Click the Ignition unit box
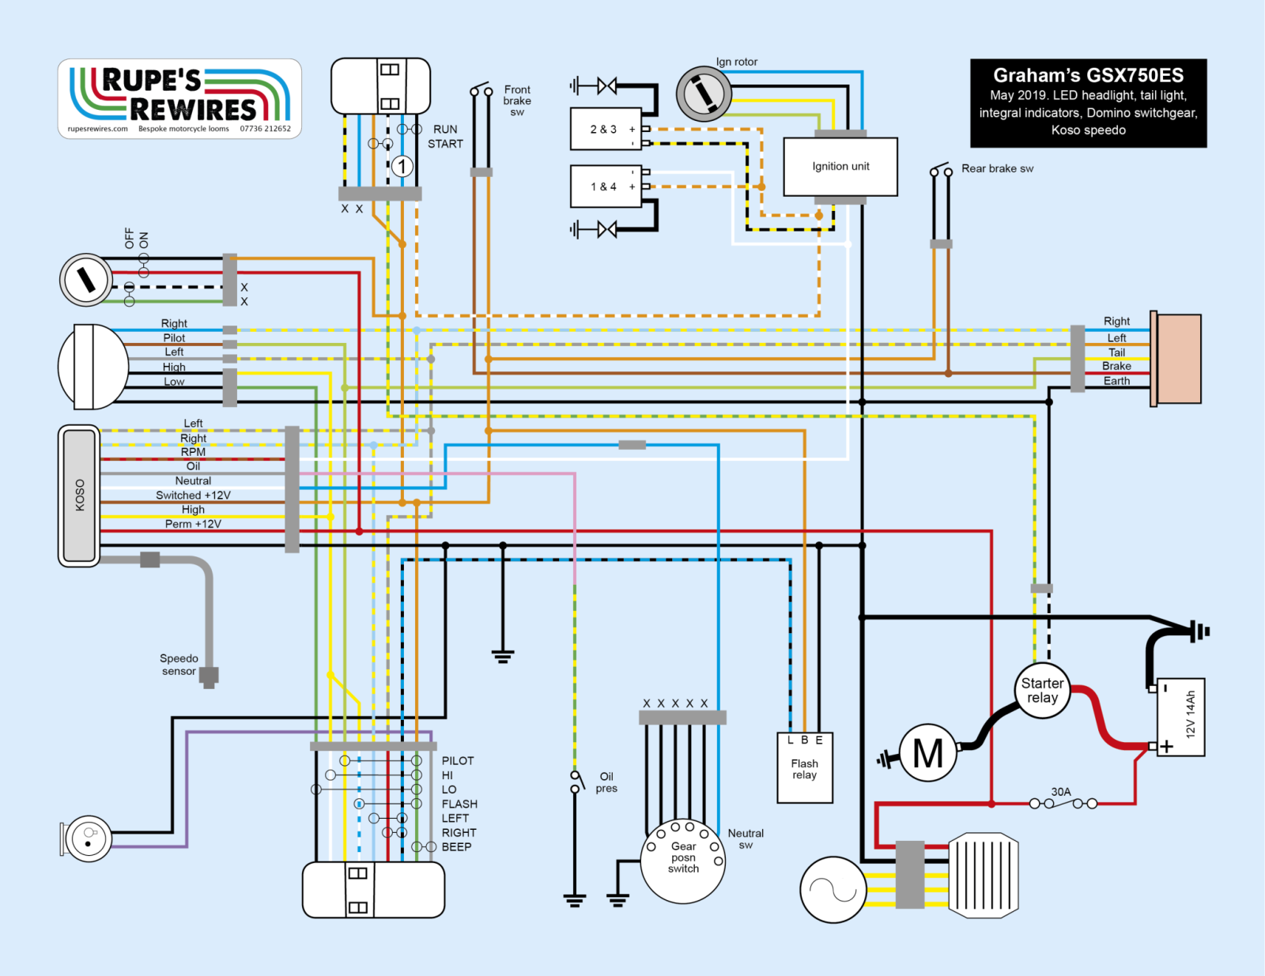pyautogui.click(x=840, y=167)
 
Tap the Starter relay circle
pyautogui.click(x=1042, y=691)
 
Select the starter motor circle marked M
pyautogui.click(x=928, y=753)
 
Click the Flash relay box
pyautogui.click(x=805, y=768)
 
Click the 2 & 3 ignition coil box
pyautogui.click(x=606, y=129)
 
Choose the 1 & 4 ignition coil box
pyautogui.click(x=606, y=187)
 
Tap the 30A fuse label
pyautogui.click(x=1061, y=791)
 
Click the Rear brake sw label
pyautogui.click(x=997, y=168)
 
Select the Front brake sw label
pyautogui.click(x=517, y=100)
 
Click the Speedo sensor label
pyautogui.click(x=179, y=665)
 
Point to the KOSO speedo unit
pyautogui.click(x=79, y=496)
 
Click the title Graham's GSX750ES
pyautogui.click(x=1088, y=76)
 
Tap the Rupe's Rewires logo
pyautogui.click(x=179, y=99)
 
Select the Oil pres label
pyautogui.click(x=606, y=782)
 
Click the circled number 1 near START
pyautogui.click(x=402, y=166)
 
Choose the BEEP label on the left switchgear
pyautogui.click(x=456, y=846)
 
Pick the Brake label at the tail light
pyautogui.click(x=1116, y=366)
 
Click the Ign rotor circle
pyautogui.click(x=703, y=94)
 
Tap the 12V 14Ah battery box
pyautogui.click(x=1181, y=717)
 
